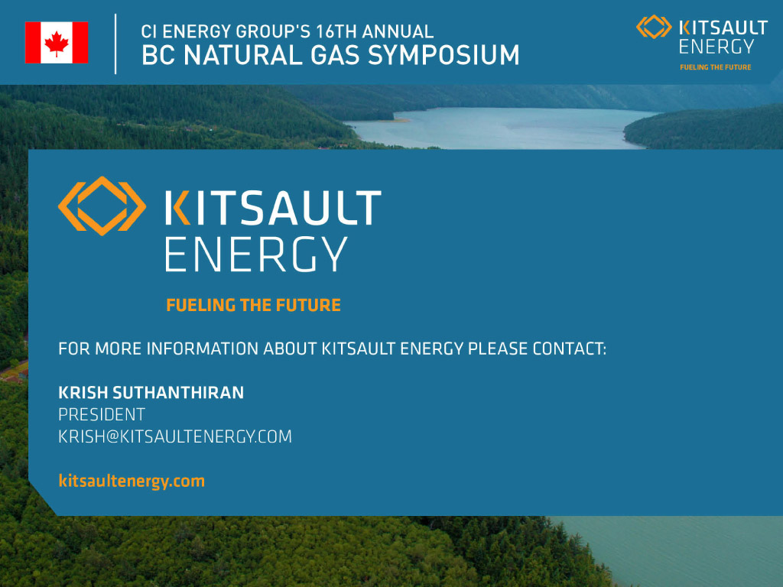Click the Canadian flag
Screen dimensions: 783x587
[x=57, y=43]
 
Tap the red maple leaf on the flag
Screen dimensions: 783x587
[x=57, y=43]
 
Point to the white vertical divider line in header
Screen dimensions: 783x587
[x=115, y=44]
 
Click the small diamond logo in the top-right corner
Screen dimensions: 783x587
[x=654, y=27]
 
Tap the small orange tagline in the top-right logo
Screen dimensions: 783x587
[x=716, y=67]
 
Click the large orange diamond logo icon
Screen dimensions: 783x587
[x=102, y=206]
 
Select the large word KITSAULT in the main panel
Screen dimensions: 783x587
[x=273, y=207]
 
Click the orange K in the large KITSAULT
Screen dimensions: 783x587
[x=177, y=207]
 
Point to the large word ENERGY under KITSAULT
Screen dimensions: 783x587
[x=256, y=254]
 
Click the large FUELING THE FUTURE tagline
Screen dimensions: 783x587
[x=253, y=305]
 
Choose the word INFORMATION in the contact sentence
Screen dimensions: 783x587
[x=202, y=349]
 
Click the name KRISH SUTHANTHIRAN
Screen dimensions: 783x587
[x=151, y=393]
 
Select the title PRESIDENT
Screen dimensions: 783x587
[x=102, y=414]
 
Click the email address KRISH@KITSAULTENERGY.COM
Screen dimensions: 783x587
[x=175, y=436]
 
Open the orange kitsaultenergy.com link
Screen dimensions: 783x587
[x=132, y=481]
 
